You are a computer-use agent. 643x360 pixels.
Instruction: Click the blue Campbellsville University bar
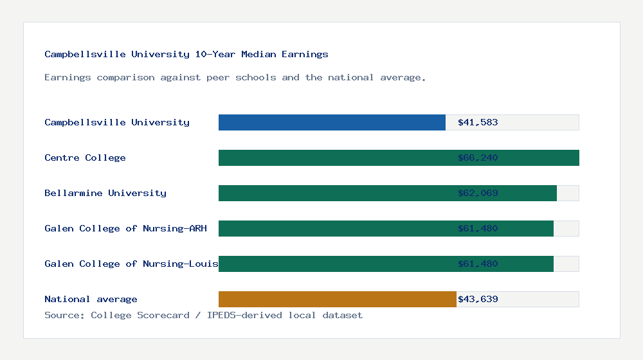coord(332,122)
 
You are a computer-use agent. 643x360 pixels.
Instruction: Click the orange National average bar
coord(337,299)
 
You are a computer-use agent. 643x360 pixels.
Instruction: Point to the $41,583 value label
coord(478,122)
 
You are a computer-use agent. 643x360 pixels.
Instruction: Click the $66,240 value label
coord(478,157)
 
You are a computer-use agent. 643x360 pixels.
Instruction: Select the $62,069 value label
coord(478,193)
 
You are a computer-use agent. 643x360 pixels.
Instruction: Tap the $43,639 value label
coord(478,299)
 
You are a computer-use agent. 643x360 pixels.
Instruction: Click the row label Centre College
coord(85,157)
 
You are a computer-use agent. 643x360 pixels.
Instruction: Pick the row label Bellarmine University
coord(105,193)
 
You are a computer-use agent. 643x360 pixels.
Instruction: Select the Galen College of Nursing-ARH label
coord(125,228)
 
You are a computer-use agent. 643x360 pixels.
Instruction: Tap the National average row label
coord(91,299)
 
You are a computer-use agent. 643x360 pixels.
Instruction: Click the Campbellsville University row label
coord(117,122)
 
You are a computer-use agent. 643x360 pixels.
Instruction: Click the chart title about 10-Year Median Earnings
coord(186,54)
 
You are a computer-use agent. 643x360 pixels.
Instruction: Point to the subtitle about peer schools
coord(235,77)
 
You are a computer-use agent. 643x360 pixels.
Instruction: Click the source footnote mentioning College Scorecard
coord(203,315)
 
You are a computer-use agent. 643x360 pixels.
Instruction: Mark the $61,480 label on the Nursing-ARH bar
coord(478,228)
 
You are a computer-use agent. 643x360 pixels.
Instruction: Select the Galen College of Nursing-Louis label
coord(131,264)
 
